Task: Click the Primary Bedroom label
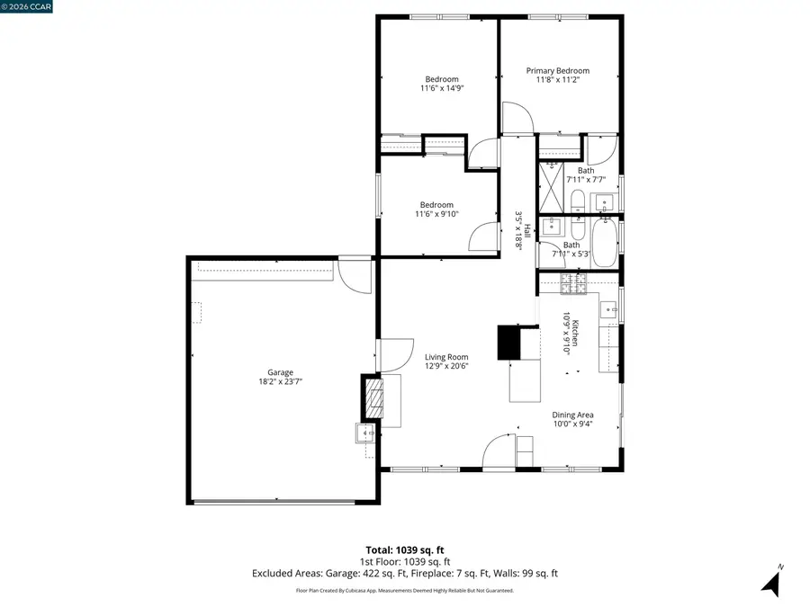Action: click(558, 71)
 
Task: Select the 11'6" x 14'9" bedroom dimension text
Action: click(442, 88)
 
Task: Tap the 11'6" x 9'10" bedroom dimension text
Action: click(436, 214)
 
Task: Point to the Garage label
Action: click(280, 372)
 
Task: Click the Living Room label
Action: click(446, 357)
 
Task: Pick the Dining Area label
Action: click(572, 415)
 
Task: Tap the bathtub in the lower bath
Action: click(603, 242)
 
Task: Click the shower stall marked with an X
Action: click(550, 186)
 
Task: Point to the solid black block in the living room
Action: click(510, 342)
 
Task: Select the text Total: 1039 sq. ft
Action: click(405, 549)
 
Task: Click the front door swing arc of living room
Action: click(499, 452)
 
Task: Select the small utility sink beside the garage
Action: click(366, 433)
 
